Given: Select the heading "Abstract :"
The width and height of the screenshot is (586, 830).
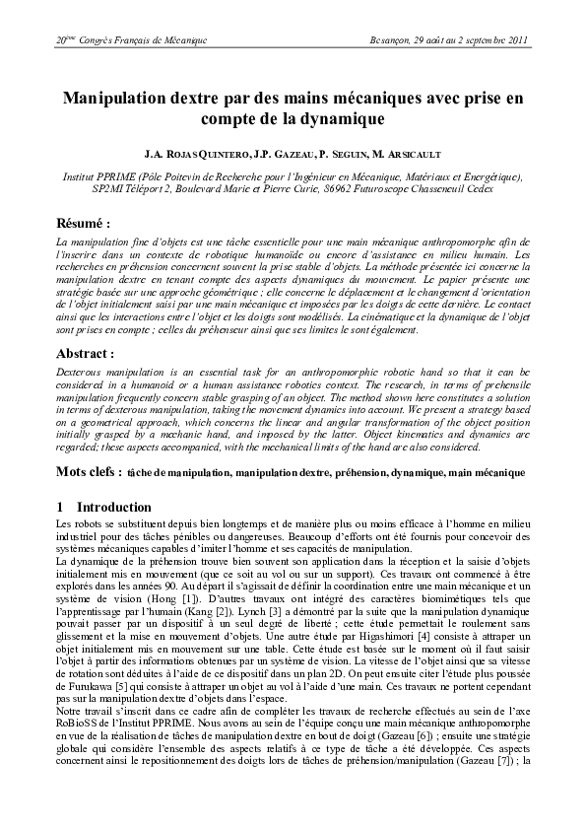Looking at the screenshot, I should pos(86,353).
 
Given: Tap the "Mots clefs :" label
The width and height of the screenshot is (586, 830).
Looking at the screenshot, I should pos(89,472).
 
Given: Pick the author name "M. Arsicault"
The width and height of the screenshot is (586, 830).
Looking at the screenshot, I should pos(407,156).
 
